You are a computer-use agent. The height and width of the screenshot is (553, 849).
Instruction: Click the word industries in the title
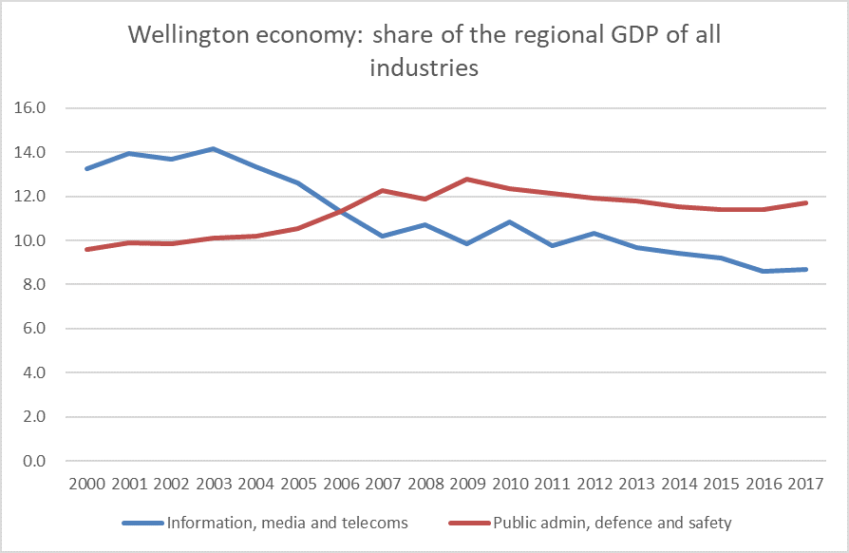coord(424,68)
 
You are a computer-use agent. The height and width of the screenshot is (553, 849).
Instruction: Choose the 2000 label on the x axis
coord(87,485)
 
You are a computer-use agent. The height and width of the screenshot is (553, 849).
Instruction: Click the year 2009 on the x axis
coord(467,485)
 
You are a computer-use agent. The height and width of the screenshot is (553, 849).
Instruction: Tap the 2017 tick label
coord(805,485)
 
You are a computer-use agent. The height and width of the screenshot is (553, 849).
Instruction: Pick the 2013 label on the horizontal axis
coord(636,485)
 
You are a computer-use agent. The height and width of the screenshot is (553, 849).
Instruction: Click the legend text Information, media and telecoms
coord(288,523)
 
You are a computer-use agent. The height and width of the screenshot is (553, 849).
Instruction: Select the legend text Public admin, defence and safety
coord(613,523)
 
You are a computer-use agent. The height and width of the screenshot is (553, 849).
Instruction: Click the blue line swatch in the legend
coord(141,523)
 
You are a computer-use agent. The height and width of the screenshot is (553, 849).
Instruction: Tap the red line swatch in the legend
coord(468,523)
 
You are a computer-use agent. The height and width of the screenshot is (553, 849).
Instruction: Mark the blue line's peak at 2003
coord(214,149)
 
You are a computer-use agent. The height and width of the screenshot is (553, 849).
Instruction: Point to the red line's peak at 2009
coord(467,179)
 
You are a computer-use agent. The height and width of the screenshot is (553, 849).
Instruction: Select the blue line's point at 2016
coord(764,271)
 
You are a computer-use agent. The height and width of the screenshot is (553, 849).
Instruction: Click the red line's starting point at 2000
coord(87,249)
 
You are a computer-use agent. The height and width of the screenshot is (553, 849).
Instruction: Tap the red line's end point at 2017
coord(805,202)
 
